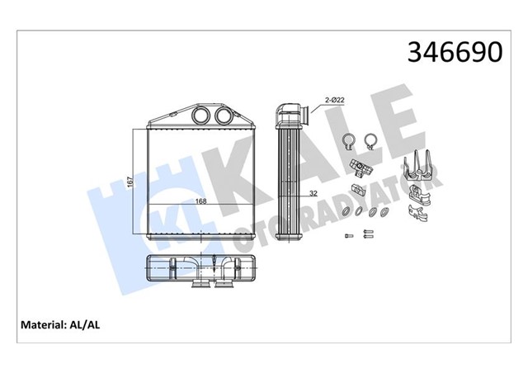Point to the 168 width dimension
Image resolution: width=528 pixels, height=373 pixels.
pyautogui.click(x=200, y=200)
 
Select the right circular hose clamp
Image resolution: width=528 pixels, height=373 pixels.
pyautogui.click(x=370, y=141)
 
